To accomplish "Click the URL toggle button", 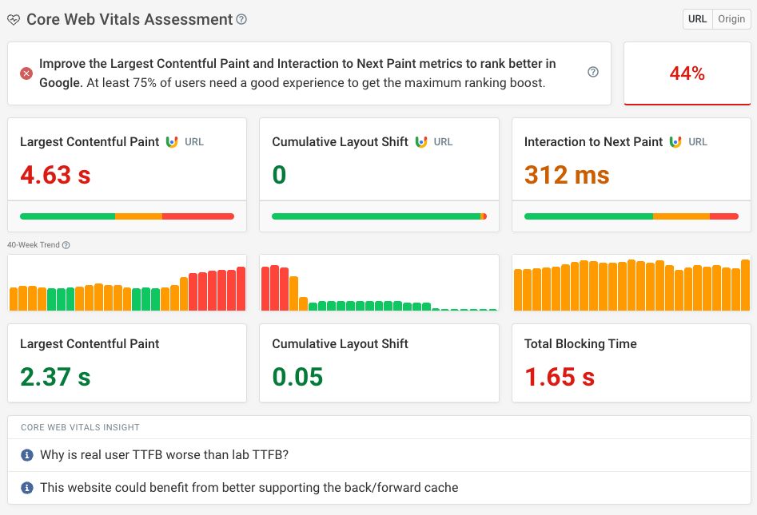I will coord(697,19).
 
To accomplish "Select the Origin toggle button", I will coord(731,19).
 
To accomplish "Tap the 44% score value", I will coord(687,73).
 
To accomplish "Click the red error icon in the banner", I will coord(26,73).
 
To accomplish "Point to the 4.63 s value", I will coord(55,175).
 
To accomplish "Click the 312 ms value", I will coord(567,175).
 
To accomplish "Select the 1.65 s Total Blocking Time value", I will coord(560,377).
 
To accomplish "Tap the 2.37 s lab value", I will coord(55,377).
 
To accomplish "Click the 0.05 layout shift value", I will coord(297,377).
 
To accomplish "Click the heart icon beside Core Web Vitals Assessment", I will coord(14,20).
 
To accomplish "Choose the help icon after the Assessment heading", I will coord(242,19).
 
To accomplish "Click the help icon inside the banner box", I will coord(593,72).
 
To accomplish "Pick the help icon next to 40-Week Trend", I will coord(66,245).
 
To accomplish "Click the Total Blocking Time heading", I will coord(580,344).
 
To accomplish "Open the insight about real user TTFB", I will coord(164,455).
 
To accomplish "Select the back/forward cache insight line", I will coord(249,487).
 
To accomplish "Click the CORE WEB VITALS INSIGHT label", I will coord(80,428).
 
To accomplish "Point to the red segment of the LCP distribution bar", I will coord(198,216).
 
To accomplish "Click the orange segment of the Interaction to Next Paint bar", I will coord(681,216).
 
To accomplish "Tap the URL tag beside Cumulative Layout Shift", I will coord(443,142).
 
